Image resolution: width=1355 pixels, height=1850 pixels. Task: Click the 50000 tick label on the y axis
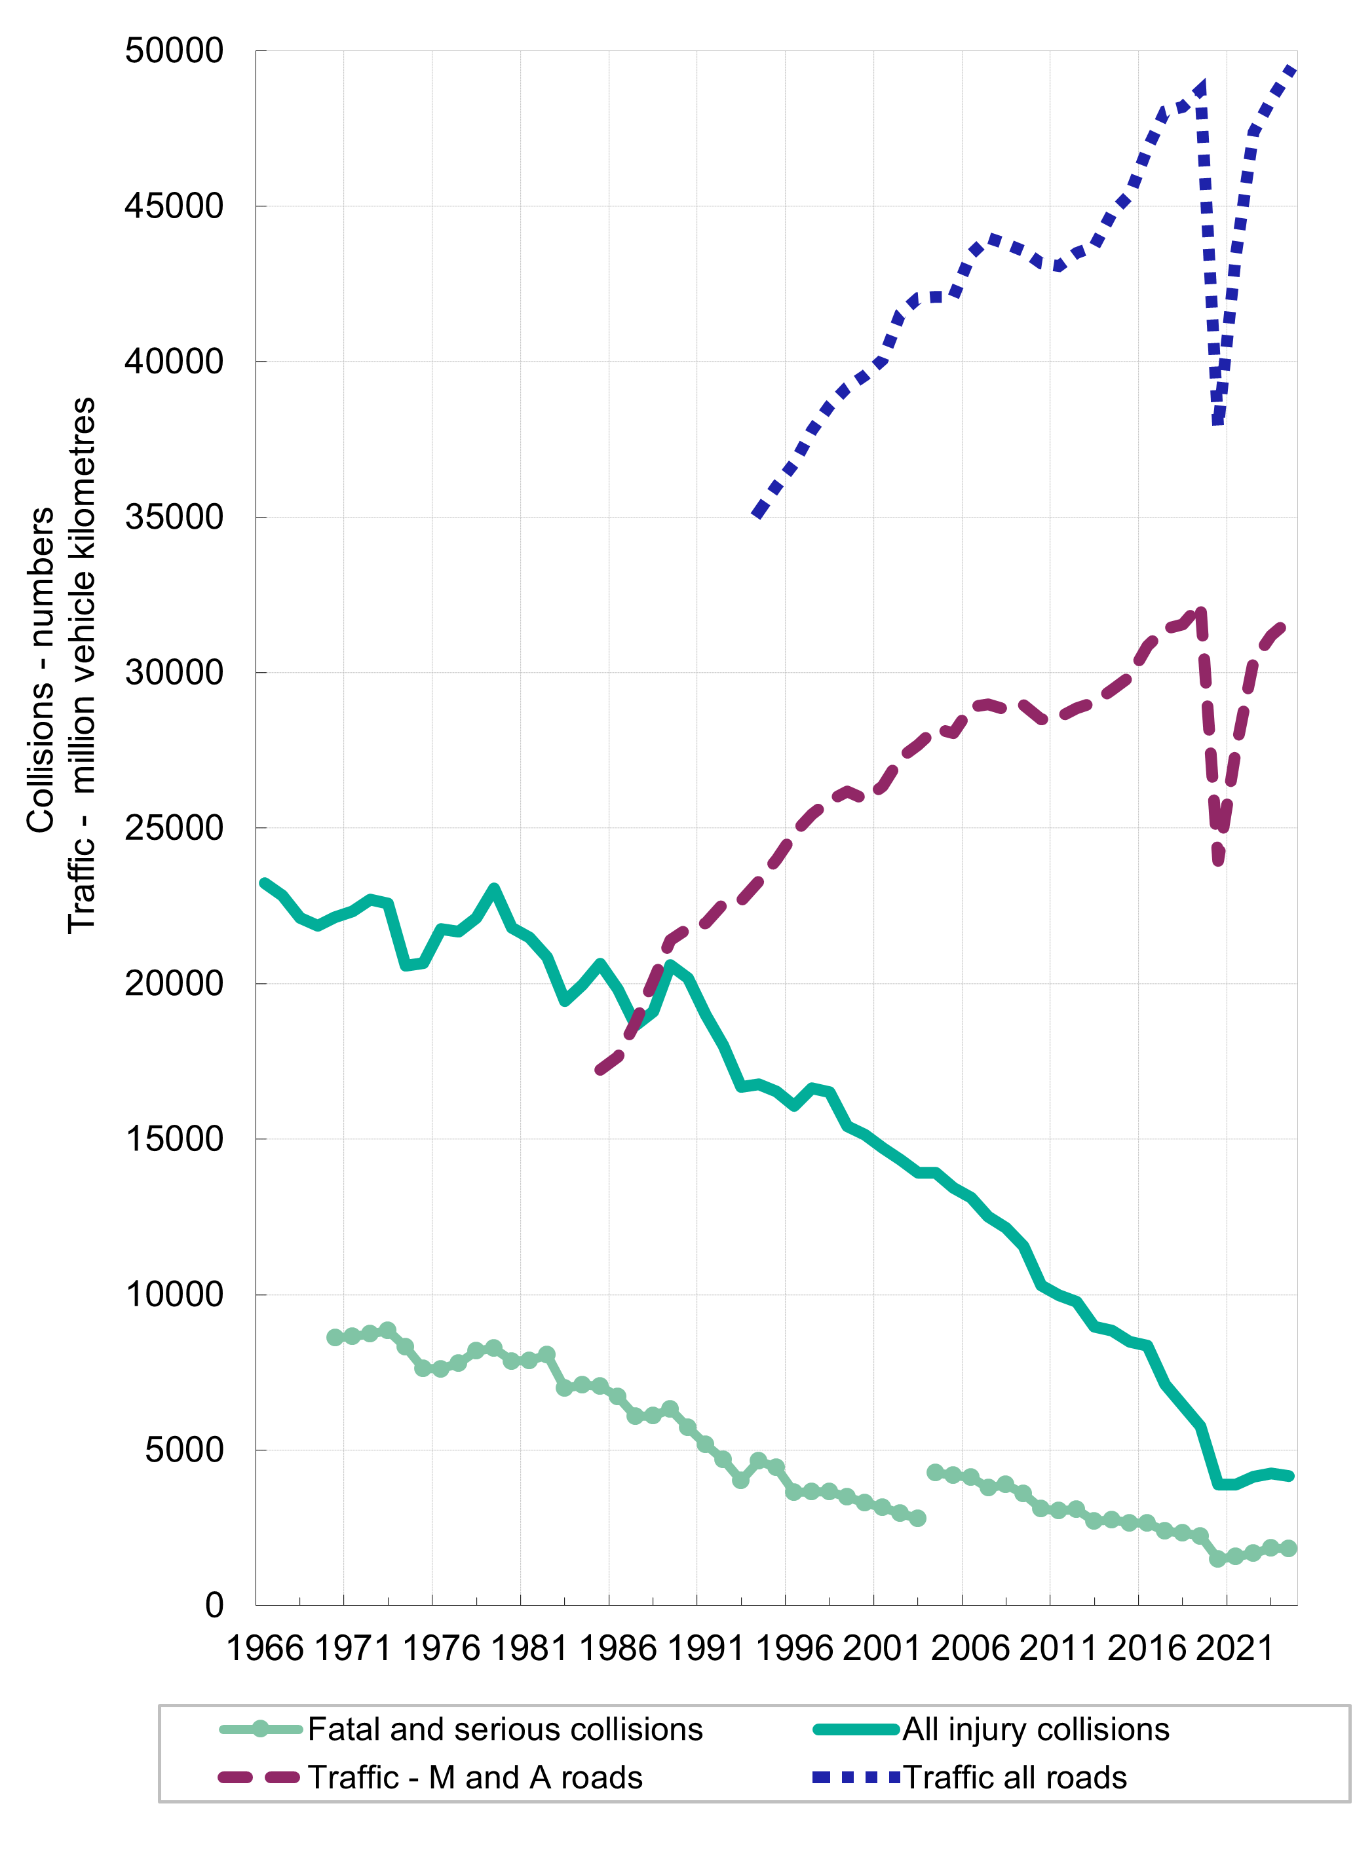174,51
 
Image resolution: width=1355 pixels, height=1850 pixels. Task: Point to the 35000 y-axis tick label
174,518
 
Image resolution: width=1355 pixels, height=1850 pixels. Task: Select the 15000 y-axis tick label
174,1139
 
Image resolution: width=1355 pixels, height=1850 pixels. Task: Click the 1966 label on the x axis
264,1648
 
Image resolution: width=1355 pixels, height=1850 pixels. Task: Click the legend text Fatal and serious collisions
505,1729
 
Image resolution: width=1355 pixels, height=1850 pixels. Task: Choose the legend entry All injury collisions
1036,1729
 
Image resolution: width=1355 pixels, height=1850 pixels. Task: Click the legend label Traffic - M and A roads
475,1778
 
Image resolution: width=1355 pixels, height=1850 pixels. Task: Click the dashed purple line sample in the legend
259,1778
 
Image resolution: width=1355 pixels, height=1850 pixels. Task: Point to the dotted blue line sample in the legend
856,1778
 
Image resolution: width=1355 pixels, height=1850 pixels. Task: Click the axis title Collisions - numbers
41,670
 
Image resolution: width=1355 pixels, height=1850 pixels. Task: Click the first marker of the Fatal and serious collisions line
335,1338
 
